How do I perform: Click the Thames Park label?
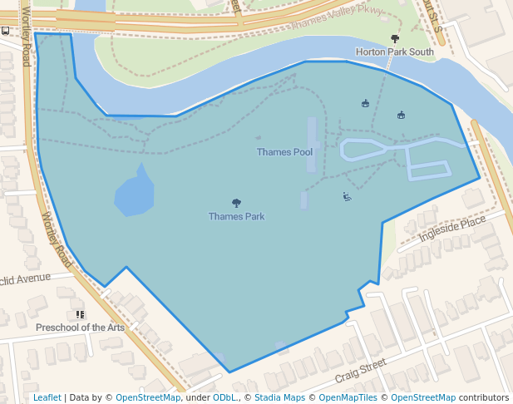point(236,217)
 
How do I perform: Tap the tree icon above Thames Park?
point(237,203)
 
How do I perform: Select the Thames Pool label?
point(284,152)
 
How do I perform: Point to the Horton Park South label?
point(394,52)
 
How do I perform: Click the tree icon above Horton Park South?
point(395,38)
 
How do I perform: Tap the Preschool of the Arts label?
point(80,328)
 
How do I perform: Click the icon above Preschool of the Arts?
point(80,314)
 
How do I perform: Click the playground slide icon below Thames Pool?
point(347,197)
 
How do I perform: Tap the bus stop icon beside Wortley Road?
point(5,31)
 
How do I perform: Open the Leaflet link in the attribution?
point(47,397)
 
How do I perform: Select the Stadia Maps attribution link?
point(279,397)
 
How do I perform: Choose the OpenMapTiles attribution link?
point(344,397)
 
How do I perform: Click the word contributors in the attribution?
point(483,397)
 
